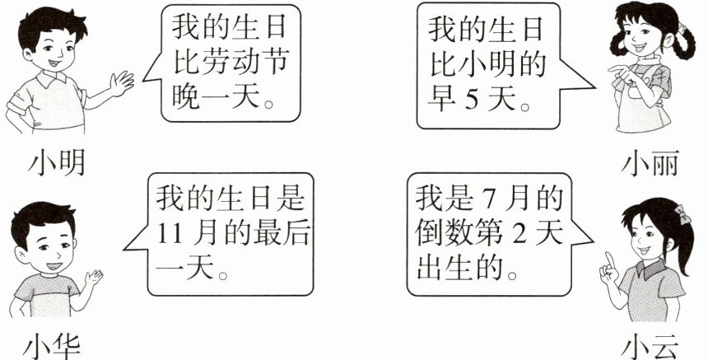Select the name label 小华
[x=54, y=344]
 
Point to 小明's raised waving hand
[x=122, y=82]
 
